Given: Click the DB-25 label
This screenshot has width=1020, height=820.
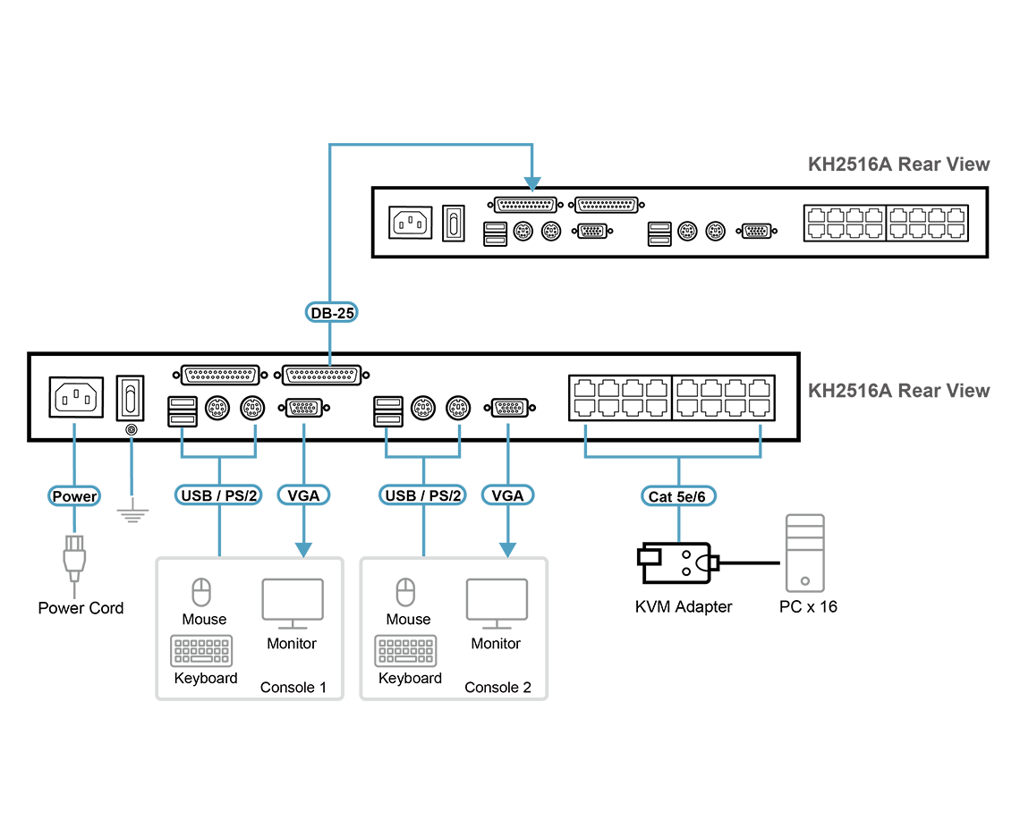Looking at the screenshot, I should coord(331,312).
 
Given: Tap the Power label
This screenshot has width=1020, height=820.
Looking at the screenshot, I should coord(74,496).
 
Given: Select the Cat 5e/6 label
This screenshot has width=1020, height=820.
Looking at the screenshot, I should coord(680,496).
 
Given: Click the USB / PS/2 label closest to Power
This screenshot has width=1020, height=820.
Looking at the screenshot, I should coord(220,495).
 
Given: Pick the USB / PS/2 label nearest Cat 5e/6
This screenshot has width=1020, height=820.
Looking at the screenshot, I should coord(423,495).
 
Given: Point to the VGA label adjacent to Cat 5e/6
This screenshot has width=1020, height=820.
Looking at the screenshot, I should coord(507,495).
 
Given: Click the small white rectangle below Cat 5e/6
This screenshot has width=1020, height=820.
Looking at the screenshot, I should coord(650,557).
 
